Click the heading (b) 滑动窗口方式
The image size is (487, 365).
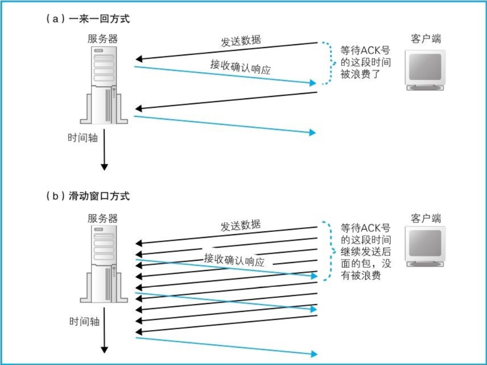88,196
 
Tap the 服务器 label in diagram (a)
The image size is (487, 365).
103,38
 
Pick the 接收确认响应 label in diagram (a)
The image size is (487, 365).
240,65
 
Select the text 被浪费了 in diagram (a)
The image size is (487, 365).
360,73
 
